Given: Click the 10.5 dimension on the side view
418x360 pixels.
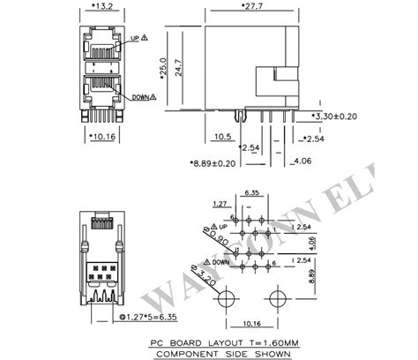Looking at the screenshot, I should click(x=222, y=137).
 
